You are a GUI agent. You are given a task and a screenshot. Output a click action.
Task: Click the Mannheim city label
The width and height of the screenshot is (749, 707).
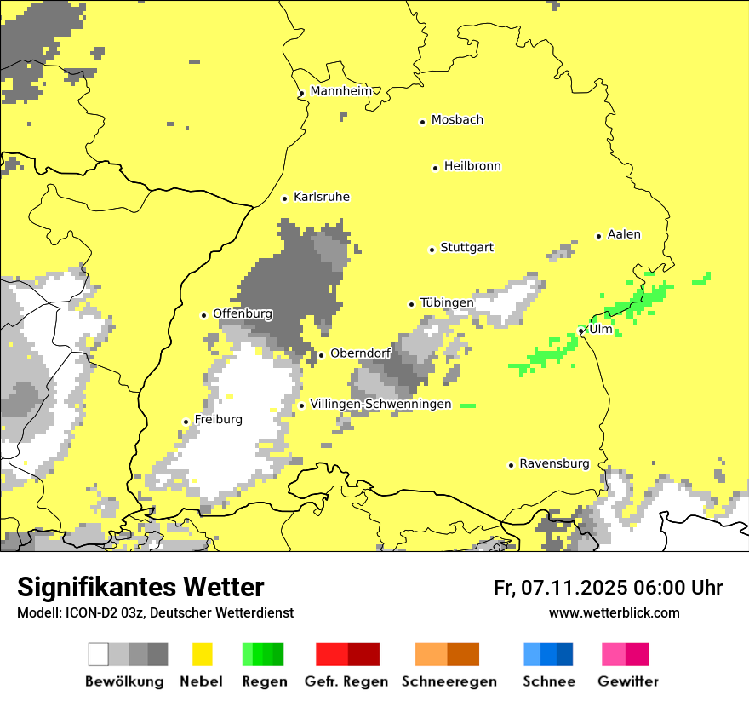tap(341, 91)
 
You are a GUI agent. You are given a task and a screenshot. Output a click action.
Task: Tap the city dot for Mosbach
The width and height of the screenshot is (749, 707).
tap(422, 122)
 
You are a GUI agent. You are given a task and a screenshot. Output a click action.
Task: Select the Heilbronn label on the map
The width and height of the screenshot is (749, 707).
tap(472, 166)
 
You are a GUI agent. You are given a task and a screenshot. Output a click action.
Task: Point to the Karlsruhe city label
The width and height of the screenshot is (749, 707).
tap(321, 197)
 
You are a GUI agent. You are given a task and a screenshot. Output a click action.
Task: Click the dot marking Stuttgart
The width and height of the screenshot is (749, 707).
tap(432, 250)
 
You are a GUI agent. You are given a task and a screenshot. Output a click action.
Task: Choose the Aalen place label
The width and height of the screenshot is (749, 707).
tap(624, 234)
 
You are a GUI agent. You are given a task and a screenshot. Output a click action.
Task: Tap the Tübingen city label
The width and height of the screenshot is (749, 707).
tap(447, 302)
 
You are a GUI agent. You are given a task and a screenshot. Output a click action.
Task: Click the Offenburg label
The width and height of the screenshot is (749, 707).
tap(243, 313)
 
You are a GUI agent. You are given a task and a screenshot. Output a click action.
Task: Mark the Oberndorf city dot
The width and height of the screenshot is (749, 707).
tap(321, 355)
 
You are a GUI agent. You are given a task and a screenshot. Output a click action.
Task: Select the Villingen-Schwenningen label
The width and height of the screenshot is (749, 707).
tap(380, 404)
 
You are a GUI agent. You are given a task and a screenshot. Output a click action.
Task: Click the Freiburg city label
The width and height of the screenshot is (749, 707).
tap(218, 419)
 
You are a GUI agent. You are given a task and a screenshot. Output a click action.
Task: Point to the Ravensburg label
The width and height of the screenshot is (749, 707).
tap(554, 463)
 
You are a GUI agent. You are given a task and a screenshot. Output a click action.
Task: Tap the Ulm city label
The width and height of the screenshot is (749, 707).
tap(600, 329)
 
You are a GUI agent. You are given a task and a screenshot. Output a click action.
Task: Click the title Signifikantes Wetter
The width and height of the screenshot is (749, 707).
tap(140, 587)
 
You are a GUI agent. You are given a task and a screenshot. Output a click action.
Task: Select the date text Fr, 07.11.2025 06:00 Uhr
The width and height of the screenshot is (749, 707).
tap(608, 588)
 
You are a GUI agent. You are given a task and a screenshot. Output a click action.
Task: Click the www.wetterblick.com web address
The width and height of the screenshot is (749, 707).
tap(614, 612)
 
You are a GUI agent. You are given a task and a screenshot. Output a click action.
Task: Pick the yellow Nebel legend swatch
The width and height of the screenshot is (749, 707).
tap(203, 654)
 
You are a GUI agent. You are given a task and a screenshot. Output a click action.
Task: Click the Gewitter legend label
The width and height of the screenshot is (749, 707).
tap(627, 681)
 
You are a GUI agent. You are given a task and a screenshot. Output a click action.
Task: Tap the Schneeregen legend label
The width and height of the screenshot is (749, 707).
tap(449, 681)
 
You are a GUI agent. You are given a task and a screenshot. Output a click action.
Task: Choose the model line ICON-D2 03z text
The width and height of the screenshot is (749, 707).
tap(155, 612)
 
